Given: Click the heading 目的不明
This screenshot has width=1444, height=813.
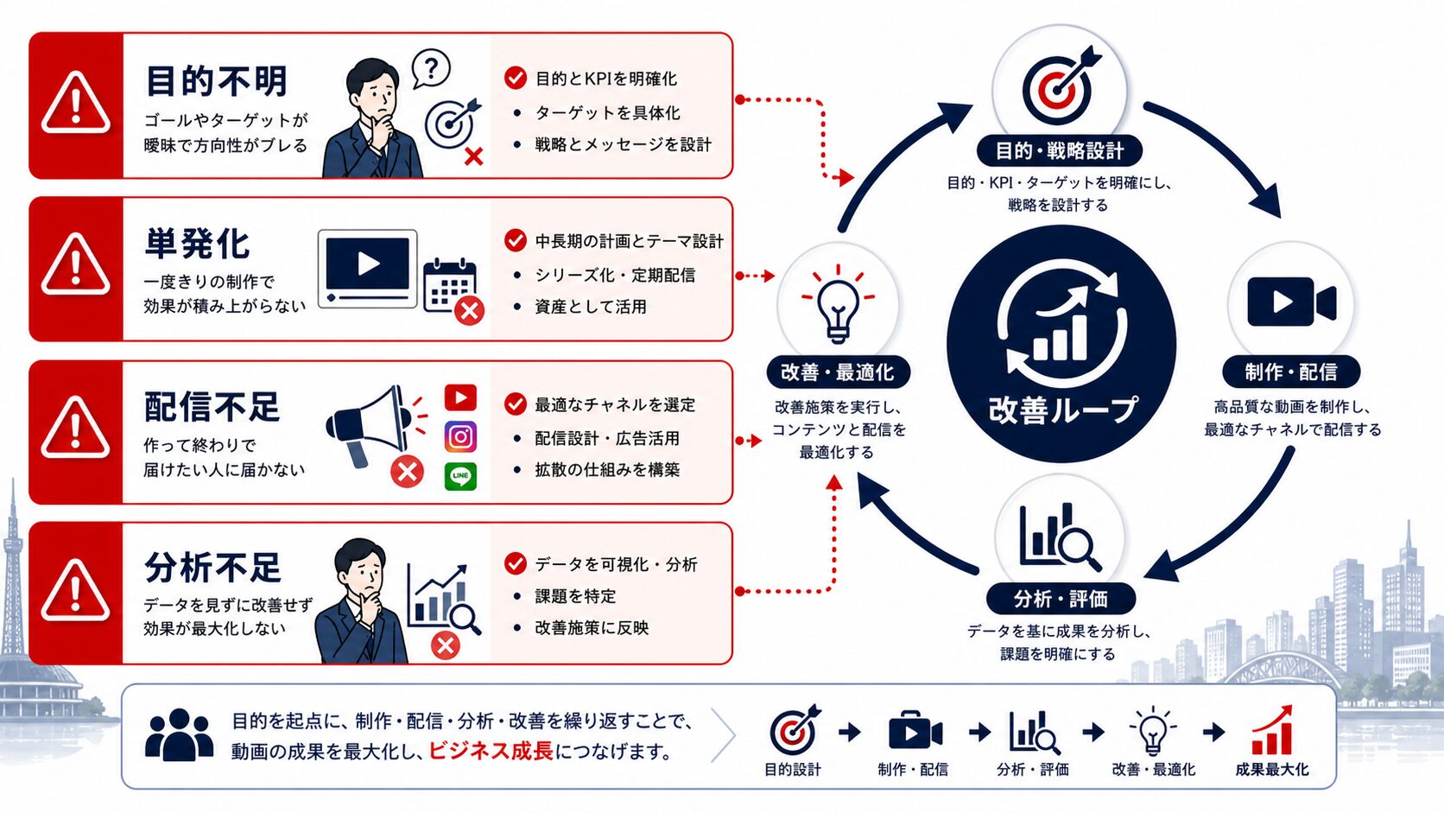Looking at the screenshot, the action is point(217,80).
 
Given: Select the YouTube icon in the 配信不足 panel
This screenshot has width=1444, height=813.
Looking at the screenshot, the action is point(460,397).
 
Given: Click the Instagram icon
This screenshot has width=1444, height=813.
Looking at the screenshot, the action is point(460,437).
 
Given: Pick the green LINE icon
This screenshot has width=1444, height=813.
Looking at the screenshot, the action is point(460,476).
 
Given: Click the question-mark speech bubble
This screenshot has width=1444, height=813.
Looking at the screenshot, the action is point(431,68).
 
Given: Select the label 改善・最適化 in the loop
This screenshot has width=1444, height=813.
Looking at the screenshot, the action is point(838,372).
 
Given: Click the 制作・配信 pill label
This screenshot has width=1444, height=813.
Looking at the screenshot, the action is point(1290,372).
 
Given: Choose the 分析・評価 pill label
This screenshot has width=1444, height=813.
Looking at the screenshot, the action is point(1061,600).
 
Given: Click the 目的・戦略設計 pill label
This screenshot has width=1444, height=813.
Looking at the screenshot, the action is point(1059,151).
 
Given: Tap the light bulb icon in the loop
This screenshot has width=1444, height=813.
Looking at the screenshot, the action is point(838,305).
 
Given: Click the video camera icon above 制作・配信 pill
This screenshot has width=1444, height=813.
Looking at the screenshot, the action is point(1291,302).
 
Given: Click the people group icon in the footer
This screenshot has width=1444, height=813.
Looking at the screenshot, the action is point(179,734).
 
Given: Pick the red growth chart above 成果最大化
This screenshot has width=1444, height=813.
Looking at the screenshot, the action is point(1272,730).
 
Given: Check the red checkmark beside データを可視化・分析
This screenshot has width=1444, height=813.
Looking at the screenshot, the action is point(515,563).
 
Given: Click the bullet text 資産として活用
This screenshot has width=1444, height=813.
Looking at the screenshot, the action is point(591,306).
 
